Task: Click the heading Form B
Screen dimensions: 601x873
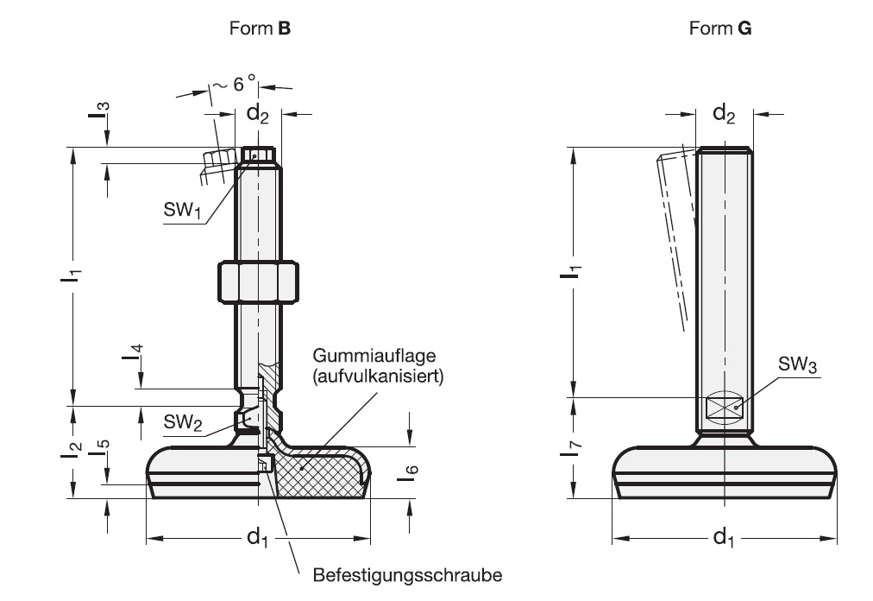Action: tap(260, 28)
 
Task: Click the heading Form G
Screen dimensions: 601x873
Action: tap(720, 28)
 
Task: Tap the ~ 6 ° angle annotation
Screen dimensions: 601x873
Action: tap(235, 85)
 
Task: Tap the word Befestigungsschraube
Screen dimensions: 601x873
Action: tap(407, 574)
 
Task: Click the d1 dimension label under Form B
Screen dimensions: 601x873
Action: tap(258, 539)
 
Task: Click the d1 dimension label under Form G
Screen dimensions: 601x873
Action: tap(724, 539)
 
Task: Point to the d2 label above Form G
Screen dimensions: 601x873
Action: tap(724, 113)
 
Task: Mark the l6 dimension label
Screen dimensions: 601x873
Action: tap(412, 474)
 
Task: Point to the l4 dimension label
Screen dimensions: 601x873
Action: tap(138, 353)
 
